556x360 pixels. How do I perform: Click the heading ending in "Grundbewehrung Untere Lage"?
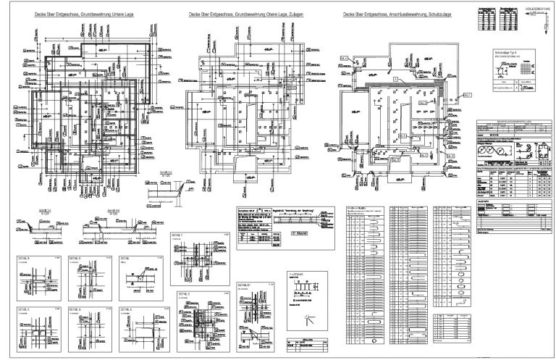[85, 14]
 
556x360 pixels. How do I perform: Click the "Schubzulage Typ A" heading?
[507, 53]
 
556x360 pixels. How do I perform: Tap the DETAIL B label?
[28, 257]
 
